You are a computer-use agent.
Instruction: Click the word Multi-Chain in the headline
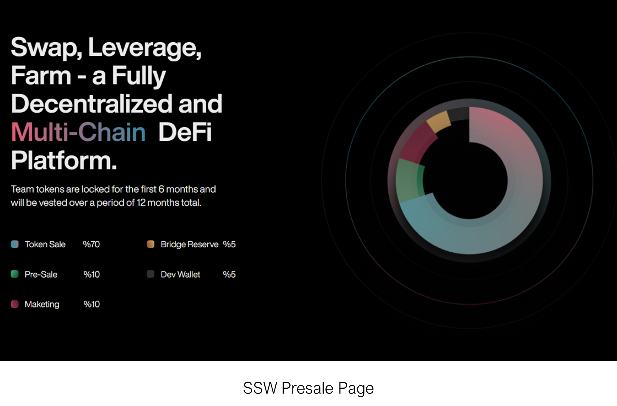(78, 132)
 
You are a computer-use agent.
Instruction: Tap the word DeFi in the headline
(185, 132)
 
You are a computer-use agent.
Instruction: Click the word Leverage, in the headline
(145, 48)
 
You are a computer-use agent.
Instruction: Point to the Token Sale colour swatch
(15, 244)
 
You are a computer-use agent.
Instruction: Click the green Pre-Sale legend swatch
(15, 274)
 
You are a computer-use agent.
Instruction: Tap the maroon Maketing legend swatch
(15, 304)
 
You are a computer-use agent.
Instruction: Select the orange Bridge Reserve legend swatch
(151, 244)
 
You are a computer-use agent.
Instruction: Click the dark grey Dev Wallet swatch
(151, 274)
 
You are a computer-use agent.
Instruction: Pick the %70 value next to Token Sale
(91, 244)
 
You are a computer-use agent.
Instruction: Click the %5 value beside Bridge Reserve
(229, 244)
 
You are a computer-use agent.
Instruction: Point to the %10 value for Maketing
(92, 304)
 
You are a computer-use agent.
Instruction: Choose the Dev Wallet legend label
(180, 274)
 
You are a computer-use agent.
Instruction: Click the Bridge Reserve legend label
(190, 244)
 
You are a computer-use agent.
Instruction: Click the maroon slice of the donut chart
(417, 142)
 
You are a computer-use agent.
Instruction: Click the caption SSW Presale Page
(308, 388)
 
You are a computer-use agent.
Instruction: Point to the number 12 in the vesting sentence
(141, 203)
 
